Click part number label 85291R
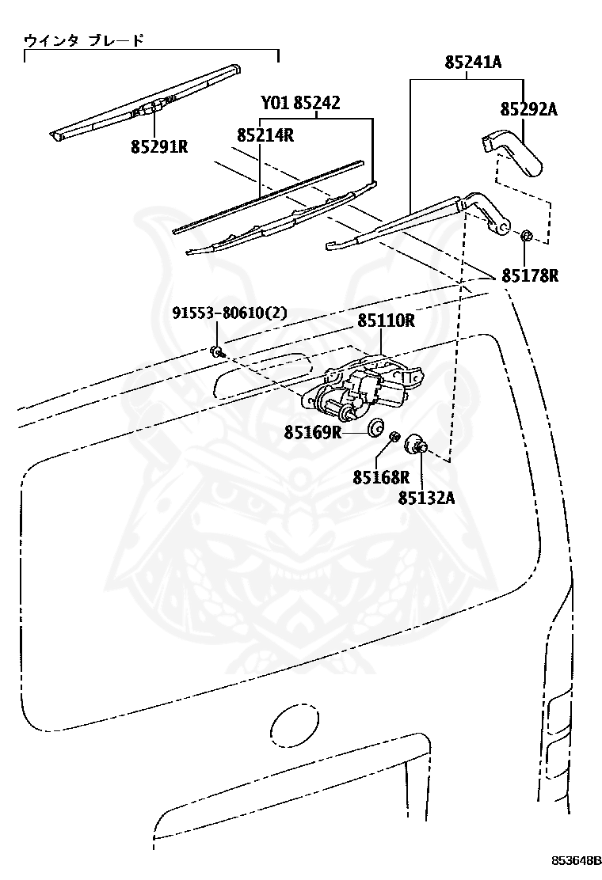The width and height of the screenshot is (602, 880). [x=159, y=146]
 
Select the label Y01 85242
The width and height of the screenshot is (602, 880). [x=300, y=103]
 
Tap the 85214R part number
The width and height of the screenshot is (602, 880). [x=265, y=135]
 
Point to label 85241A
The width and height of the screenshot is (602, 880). [x=474, y=62]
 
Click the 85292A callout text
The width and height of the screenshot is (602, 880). [x=529, y=109]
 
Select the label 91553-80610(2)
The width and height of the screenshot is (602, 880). [x=230, y=313]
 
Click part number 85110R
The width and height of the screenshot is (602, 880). [x=387, y=321]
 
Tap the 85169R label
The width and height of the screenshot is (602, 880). [x=312, y=432]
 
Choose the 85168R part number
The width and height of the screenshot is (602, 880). [x=381, y=477]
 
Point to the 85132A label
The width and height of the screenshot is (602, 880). [x=427, y=497]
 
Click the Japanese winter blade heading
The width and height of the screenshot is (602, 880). [x=84, y=40]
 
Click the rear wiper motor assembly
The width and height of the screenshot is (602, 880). [x=362, y=388]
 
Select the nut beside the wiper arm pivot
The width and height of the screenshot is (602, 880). [x=526, y=235]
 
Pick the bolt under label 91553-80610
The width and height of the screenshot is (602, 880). [x=217, y=353]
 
